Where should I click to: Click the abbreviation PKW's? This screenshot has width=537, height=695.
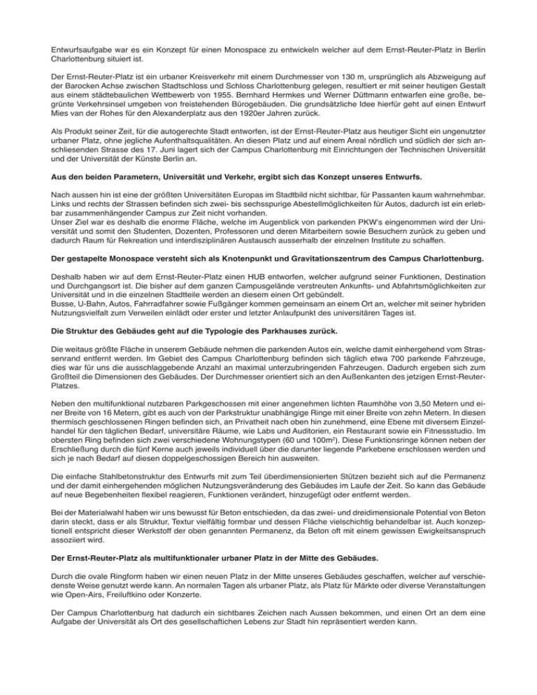(x=357, y=224)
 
